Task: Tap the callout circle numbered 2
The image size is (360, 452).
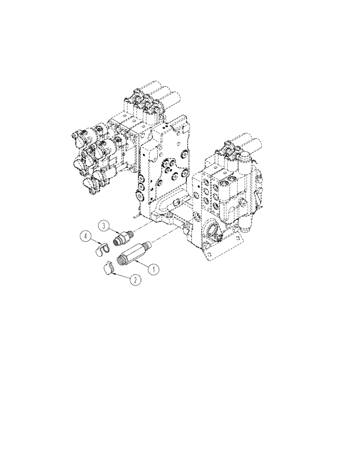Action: [x=134, y=280]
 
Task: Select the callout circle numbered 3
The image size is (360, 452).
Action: [x=104, y=225]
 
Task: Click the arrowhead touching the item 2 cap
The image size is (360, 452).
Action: [x=114, y=272]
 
